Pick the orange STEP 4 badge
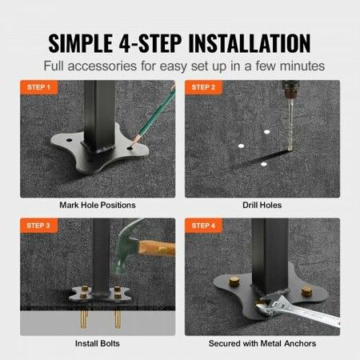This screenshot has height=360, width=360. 203,226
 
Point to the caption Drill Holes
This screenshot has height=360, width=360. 262,205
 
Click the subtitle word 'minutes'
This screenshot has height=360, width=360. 301,66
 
